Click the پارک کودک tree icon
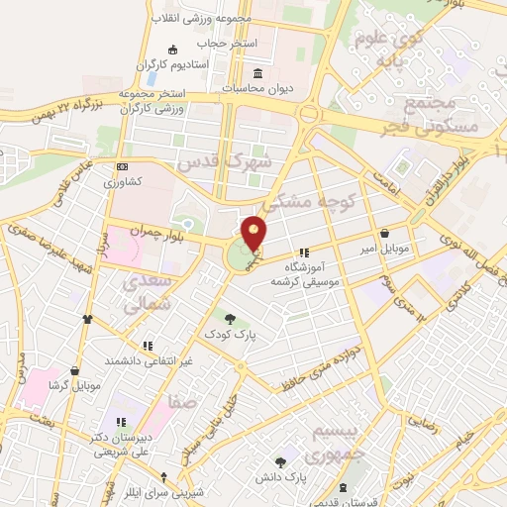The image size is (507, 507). coord(231,319)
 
